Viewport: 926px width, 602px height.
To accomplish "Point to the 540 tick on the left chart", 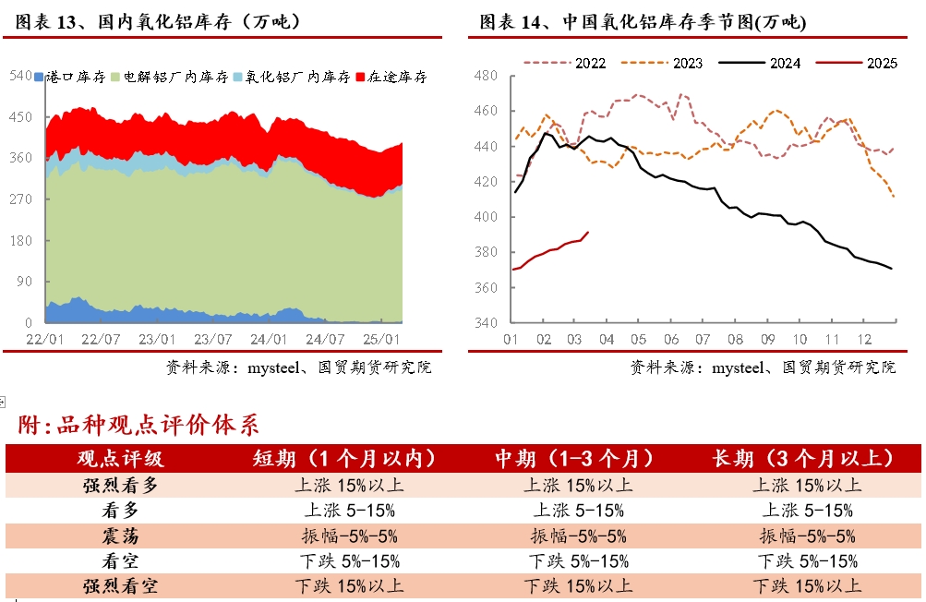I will click(20, 75).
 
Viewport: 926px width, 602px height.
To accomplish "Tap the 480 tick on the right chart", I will click(486, 76).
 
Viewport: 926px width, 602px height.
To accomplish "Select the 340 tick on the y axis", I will click(486, 323).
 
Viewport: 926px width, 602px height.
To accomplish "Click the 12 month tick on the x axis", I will click(864, 339).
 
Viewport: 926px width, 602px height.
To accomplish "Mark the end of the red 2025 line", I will click(589, 232).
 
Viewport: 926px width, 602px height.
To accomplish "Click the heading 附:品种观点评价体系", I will click(138, 426).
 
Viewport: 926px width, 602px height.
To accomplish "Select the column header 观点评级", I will click(120, 459).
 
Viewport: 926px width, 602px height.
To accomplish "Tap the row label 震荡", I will click(120, 536).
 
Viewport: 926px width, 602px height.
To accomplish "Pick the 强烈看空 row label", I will click(120, 585).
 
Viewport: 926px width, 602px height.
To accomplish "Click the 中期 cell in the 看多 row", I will click(578, 510).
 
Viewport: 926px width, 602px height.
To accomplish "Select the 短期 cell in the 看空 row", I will click(348, 560).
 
